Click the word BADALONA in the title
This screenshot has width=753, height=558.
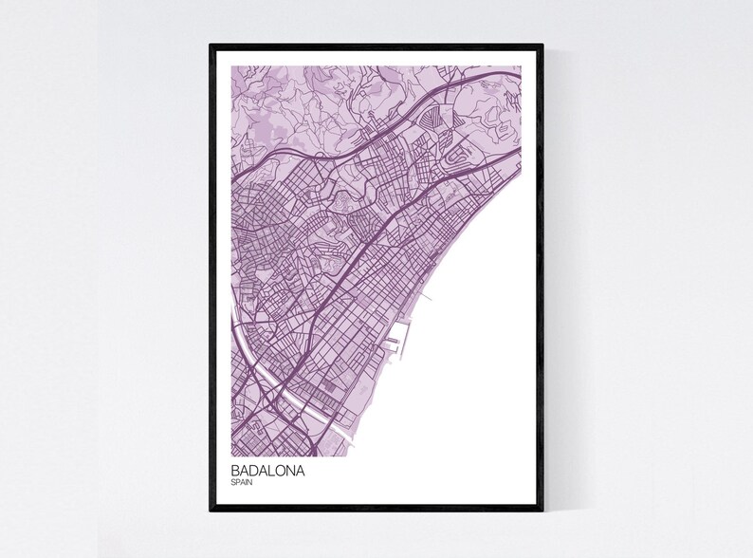(267, 470)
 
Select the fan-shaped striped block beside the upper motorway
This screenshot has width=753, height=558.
(432, 120)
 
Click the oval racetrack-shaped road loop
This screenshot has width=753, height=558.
(463, 155)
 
